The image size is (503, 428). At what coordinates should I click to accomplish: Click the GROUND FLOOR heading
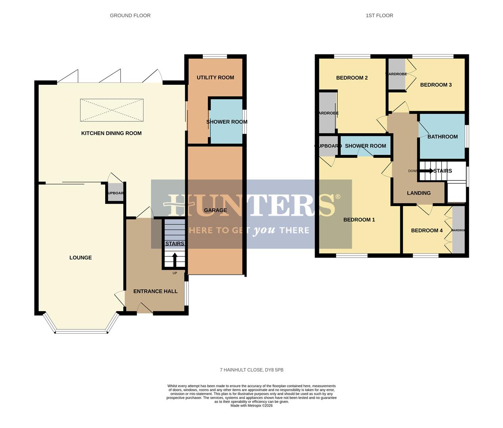[130, 15]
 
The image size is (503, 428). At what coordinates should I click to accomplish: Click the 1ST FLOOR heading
[379, 15]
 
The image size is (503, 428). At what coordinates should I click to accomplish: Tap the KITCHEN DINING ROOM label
[111, 133]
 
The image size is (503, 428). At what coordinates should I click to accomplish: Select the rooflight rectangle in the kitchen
[111, 110]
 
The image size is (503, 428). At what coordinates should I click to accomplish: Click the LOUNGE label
[81, 258]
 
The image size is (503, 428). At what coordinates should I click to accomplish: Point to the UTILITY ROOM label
[215, 78]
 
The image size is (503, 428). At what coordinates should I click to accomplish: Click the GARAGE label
[215, 210]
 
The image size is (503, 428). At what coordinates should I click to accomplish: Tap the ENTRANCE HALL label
[155, 291]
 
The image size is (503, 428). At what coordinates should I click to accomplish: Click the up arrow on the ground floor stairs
[175, 260]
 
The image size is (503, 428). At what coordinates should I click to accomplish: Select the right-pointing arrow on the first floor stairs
[427, 171]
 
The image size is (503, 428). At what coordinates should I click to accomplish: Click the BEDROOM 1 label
[359, 220]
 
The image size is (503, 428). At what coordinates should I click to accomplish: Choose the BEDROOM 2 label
[352, 78]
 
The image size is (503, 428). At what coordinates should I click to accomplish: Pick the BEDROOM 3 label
[436, 85]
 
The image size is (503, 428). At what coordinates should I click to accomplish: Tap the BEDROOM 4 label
[427, 231]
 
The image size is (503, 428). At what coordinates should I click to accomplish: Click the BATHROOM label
[442, 137]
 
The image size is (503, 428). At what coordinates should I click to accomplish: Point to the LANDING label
[419, 193]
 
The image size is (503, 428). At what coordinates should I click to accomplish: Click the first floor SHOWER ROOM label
[365, 146]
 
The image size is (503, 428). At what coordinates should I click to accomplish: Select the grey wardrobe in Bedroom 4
[459, 230]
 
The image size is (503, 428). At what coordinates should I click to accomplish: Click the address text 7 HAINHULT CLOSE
[251, 370]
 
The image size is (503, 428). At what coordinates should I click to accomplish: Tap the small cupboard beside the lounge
[115, 193]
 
